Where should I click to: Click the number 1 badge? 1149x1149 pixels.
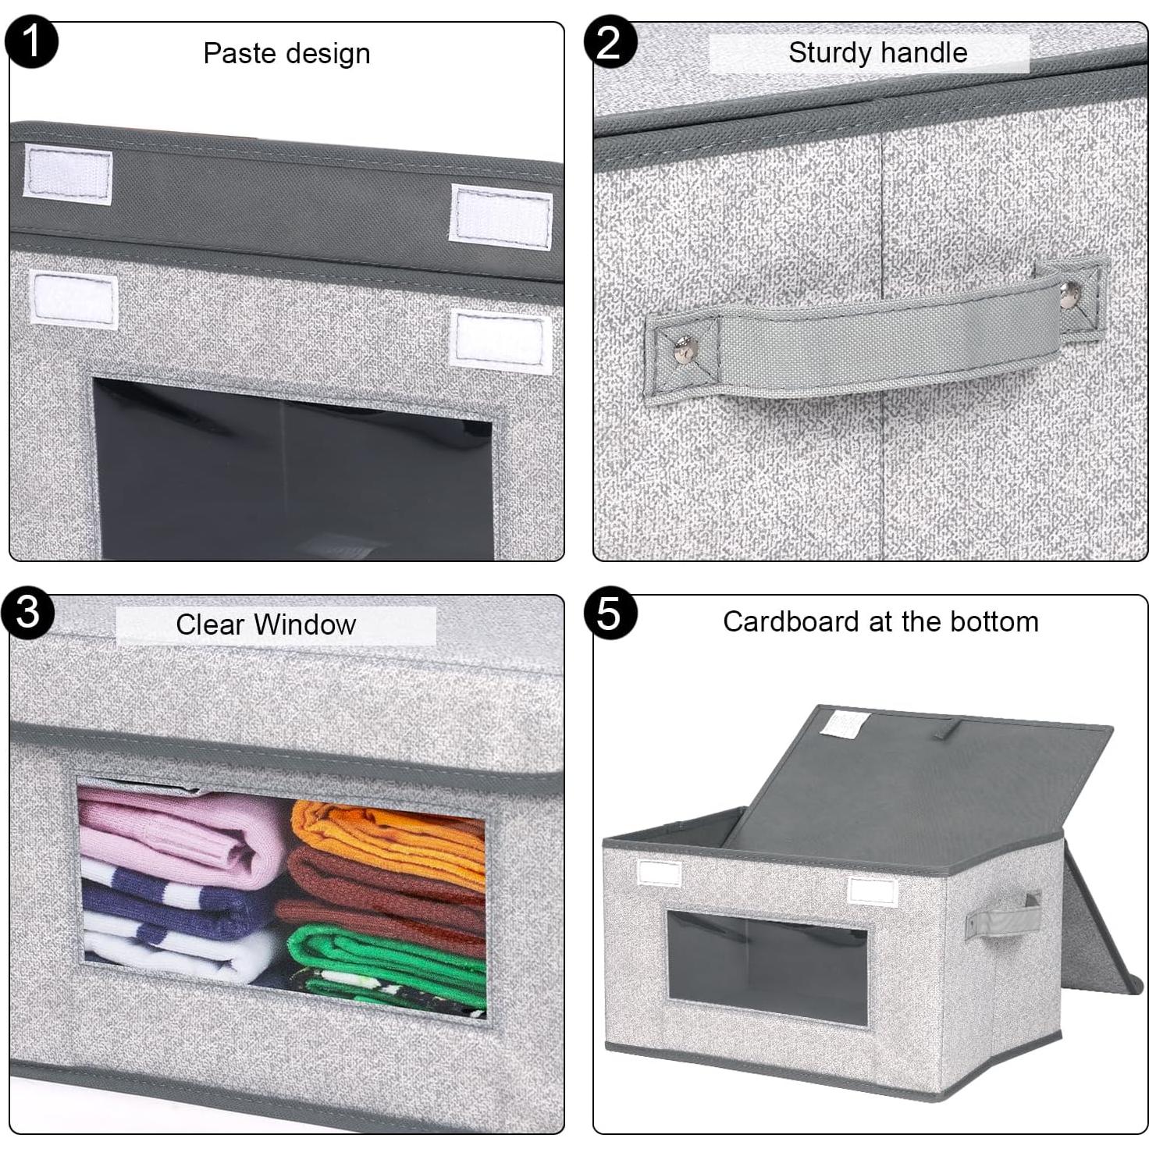(31, 41)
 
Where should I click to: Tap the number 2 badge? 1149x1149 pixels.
(610, 41)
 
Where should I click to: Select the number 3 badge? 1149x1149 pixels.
(28, 612)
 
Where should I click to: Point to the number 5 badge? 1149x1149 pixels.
(610, 613)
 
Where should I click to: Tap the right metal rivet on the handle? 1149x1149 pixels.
(1069, 294)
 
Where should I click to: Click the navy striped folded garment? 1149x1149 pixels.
(172, 905)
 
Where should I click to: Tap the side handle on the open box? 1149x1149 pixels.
(1003, 915)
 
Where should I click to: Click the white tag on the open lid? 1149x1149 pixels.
(845, 724)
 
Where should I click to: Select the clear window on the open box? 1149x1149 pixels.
(767, 968)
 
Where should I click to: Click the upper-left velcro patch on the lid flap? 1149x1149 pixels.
(68, 174)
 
